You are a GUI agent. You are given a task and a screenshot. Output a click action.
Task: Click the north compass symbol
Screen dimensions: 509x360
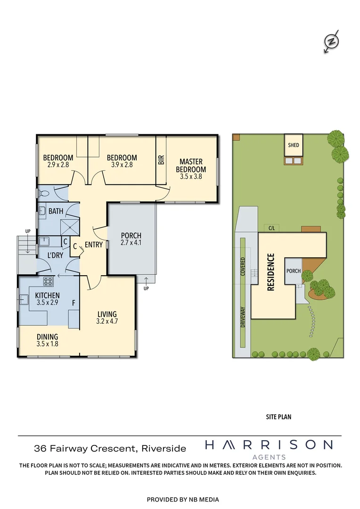click(332, 41)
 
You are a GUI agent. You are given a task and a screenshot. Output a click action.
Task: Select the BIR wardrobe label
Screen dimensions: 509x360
click(161, 160)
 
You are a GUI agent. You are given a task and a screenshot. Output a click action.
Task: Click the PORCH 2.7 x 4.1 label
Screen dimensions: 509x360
click(131, 239)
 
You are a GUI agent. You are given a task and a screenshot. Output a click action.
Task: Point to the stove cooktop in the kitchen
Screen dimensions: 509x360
click(49, 282)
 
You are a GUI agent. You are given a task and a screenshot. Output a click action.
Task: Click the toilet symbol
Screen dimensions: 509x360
click(44, 194)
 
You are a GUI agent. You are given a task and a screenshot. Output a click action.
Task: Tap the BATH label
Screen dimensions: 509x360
click(56, 212)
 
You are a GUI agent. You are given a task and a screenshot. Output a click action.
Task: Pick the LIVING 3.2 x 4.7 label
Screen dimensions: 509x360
click(107, 318)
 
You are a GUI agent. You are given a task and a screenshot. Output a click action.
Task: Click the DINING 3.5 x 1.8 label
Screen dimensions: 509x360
click(48, 340)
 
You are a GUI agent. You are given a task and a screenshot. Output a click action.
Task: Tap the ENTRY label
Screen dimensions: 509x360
click(94, 245)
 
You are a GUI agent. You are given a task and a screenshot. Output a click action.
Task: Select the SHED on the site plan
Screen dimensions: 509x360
click(293, 145)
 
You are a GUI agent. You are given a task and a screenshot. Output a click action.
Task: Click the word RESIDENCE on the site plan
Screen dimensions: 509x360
click(271, 272)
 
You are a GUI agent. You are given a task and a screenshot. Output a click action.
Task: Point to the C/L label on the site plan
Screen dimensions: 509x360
click(272, 228)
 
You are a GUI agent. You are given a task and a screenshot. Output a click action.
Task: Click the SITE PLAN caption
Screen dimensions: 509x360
click(279, 417)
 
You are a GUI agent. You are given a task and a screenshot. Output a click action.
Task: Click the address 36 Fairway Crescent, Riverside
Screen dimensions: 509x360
click(110, 449)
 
